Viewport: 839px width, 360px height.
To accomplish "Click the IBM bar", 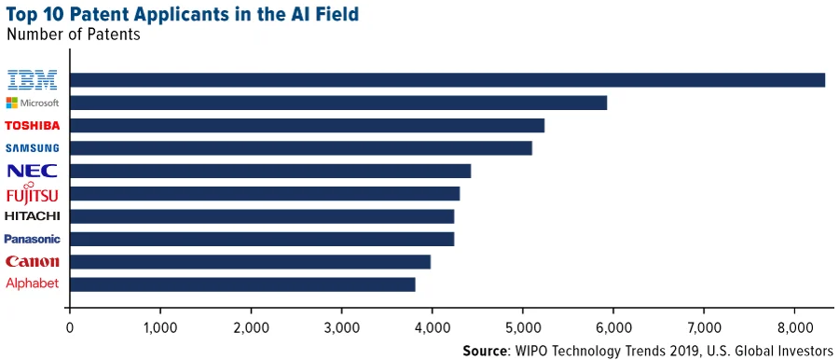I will coord(447,80).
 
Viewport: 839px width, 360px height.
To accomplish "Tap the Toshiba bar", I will coord(307,125).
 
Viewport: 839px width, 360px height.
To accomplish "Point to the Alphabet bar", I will coord(242,284).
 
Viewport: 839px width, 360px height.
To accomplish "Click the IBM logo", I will coord(33,79).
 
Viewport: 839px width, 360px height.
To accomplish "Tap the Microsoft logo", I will coord(33,103).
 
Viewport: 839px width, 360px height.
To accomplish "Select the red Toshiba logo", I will coord(33,125).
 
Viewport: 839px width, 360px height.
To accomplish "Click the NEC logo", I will coord(33,171).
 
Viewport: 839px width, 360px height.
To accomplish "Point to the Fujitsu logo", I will coord(33,193).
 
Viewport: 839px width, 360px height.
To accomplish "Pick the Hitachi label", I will coord(33,216).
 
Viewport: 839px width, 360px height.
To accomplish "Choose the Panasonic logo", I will coord(33,239).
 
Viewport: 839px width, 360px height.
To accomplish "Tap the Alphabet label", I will coord(33,284).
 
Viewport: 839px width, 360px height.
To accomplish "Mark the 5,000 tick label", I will coord(522,327).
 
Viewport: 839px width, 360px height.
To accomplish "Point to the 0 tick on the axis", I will coord(70,327).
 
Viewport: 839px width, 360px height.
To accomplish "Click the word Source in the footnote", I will coord(485,351).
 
